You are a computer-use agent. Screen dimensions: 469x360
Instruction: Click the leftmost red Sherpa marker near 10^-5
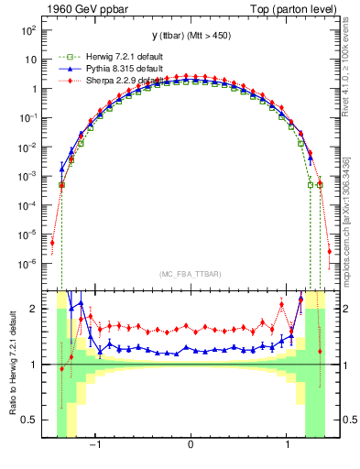tap(52, 243)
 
